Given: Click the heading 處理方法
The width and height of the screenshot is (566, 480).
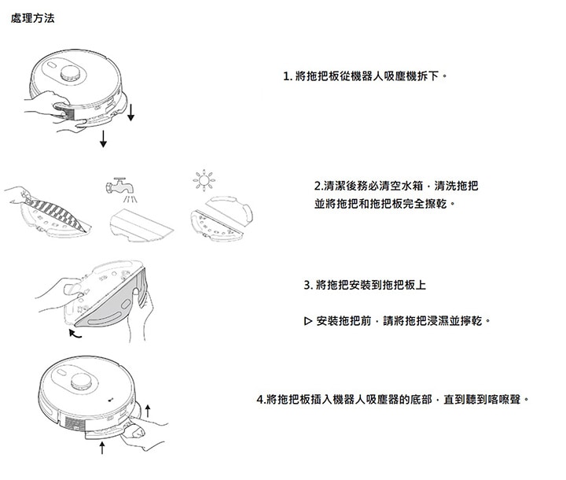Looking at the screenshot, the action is coord(32,18).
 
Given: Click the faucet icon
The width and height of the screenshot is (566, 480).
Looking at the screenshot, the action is coord(119,186).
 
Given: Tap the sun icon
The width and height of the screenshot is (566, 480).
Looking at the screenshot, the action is coord(204,180).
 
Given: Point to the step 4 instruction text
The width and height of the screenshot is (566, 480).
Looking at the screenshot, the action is coord(393,400).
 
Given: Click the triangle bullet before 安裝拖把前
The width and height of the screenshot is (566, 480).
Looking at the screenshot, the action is coord(307,320).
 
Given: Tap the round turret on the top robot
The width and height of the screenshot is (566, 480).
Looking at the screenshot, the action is coord(70,73).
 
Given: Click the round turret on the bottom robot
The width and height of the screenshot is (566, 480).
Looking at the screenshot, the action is coord(81,382).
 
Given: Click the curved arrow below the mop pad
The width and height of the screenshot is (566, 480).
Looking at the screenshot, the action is coord(75,334).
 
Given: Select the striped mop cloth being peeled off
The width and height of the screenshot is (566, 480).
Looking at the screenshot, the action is coord(56,212).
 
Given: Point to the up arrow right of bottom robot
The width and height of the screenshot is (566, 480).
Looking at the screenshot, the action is coord(147,411).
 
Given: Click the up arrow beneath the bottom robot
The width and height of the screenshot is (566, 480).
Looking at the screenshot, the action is coord(102,448).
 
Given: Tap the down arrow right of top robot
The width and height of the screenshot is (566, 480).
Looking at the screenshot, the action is coord(130,112).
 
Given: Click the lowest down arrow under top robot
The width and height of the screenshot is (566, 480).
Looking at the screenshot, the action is coord(103,138).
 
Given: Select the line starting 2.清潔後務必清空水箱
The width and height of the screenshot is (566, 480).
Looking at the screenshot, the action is coord(396,186).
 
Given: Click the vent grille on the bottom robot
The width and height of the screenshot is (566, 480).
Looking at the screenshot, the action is coord(75,423).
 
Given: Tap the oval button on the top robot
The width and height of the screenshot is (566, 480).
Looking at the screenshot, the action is coord(51,65).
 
